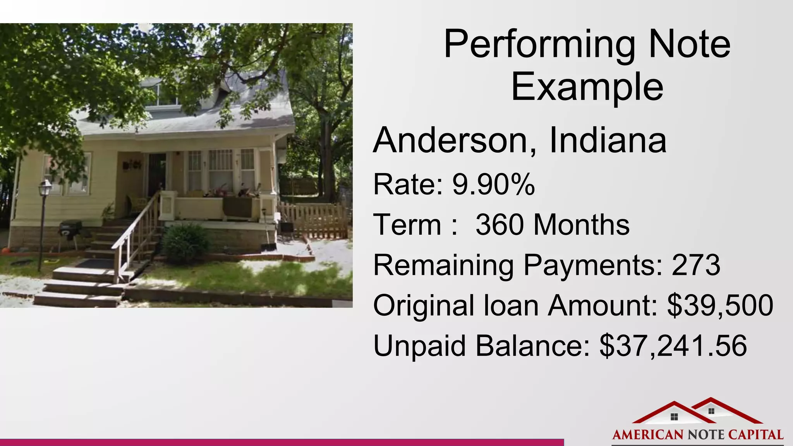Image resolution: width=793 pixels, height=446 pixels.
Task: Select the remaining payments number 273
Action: [696, 265]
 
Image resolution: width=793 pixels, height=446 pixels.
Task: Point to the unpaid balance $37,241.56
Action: [673, 346]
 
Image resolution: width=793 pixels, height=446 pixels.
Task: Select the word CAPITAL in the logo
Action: [756, 435]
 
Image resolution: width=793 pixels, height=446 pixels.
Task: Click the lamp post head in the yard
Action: [45, 187]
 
